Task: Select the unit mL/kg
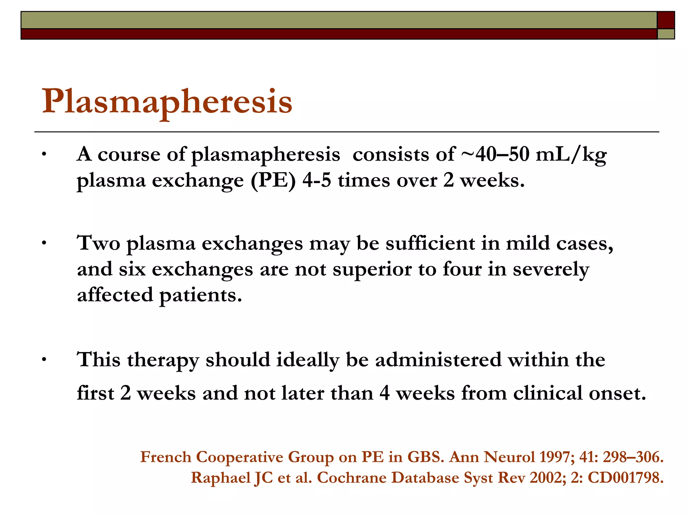[571, 155]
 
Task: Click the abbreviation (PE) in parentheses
[273, 181]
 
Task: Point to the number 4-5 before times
[316, 180]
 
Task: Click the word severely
[551, 270]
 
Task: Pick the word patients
[201, 296]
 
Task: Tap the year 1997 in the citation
[556, 457]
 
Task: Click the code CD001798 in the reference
[626, 478]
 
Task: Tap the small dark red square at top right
[665, 20]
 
